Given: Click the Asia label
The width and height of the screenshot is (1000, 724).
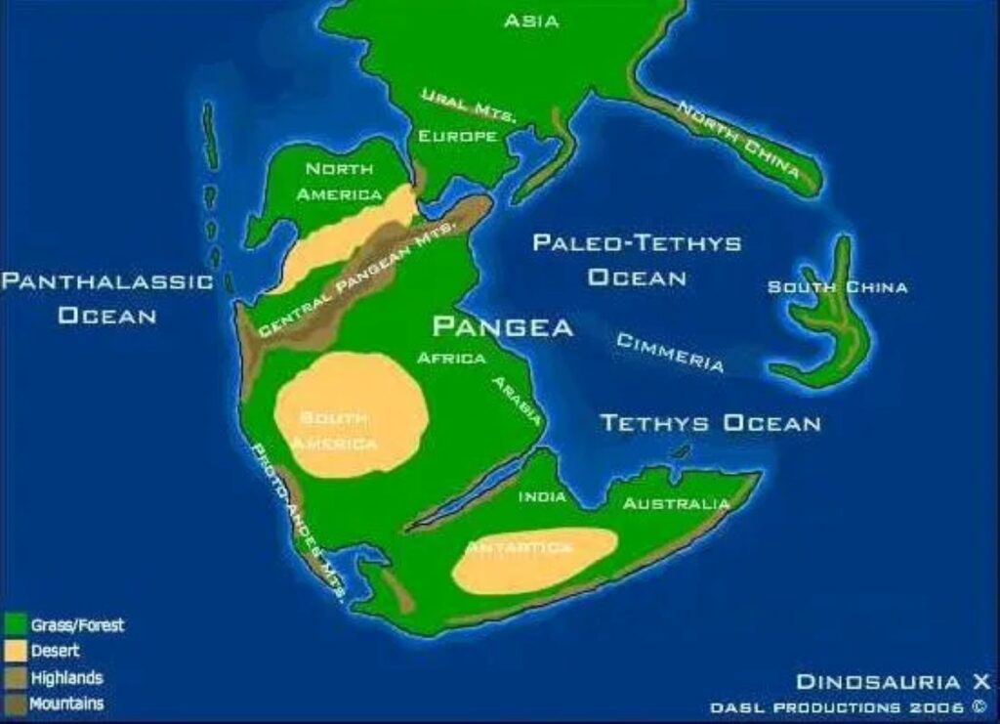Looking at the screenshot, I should pyautogui.click(x=531, y=21).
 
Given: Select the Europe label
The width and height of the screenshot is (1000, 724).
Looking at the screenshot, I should pyautogui.click(x=458, y=136).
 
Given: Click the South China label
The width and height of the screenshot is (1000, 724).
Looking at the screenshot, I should pyautogui.click(x=837, y=286).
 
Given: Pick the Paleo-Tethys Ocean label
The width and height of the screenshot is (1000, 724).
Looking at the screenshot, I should pyautogui.click(x=637, y=260).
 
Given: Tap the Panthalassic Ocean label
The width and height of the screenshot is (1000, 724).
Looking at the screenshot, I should pyautogui.click(x=106, y=298).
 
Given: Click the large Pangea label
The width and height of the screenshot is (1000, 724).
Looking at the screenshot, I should pyautogui.click(x=502, y=326).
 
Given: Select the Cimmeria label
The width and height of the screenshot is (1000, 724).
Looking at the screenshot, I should pyautogui.click(x=670, y=352).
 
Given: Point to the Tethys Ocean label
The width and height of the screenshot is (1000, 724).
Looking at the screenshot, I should pyautogui.click(x=710, y=423).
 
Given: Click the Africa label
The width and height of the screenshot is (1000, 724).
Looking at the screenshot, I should pyautogui.click(x=451, y=358).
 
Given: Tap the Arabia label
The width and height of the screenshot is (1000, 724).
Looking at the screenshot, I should pyautogui.click(x=517, y=400).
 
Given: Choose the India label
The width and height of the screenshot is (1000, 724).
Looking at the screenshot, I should pyautogui.click(x=542, y=496).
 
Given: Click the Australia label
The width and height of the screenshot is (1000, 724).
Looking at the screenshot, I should pyautogui.click(x=676, y=504).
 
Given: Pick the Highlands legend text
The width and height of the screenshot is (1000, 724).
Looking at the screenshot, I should pyautogui.click(x=66, y=677).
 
